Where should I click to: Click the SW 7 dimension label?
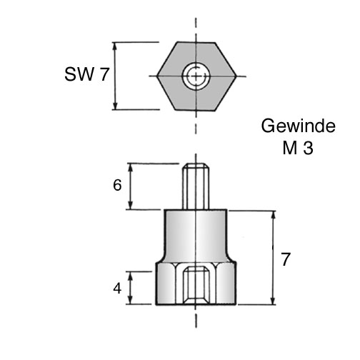click(x=86, y=74)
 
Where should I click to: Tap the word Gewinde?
click(x=299, y=126)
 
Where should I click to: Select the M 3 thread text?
click(x=298, y=148)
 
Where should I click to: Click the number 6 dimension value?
click(x=117, y=185)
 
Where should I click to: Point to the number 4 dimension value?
click(x=117, y=289)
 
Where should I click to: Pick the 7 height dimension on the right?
click(x=286, y=259)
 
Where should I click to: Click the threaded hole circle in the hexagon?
click(x=196, y=76)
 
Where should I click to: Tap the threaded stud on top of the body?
click(x=196, y=186)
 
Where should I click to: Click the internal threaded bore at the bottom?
click(x=196, y=286)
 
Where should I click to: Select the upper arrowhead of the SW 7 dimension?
click(x=115, y=46)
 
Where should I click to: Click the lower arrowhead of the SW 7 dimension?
click(x=115, y=105)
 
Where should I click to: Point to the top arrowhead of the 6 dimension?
click(x=130, y=168)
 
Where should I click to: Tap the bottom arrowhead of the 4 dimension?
click(x=130, y=300)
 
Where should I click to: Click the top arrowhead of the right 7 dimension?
click(x=274, y=215)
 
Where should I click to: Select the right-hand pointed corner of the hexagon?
click(x=236, y=76)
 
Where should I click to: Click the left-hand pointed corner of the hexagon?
click(x=157, y=76)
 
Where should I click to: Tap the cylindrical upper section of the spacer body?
click(x=196, y=234)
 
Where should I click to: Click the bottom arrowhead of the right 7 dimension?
click(x=274, y=300)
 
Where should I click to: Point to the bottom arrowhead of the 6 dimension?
click(x=130, y=205)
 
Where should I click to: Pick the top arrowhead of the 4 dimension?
click(x=130, y=276)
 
